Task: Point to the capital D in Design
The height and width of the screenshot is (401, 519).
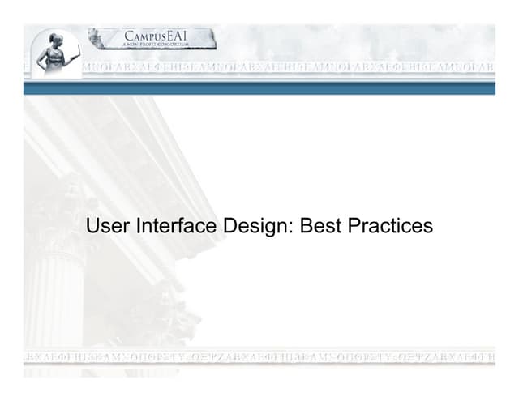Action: [x=226, y=226]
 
